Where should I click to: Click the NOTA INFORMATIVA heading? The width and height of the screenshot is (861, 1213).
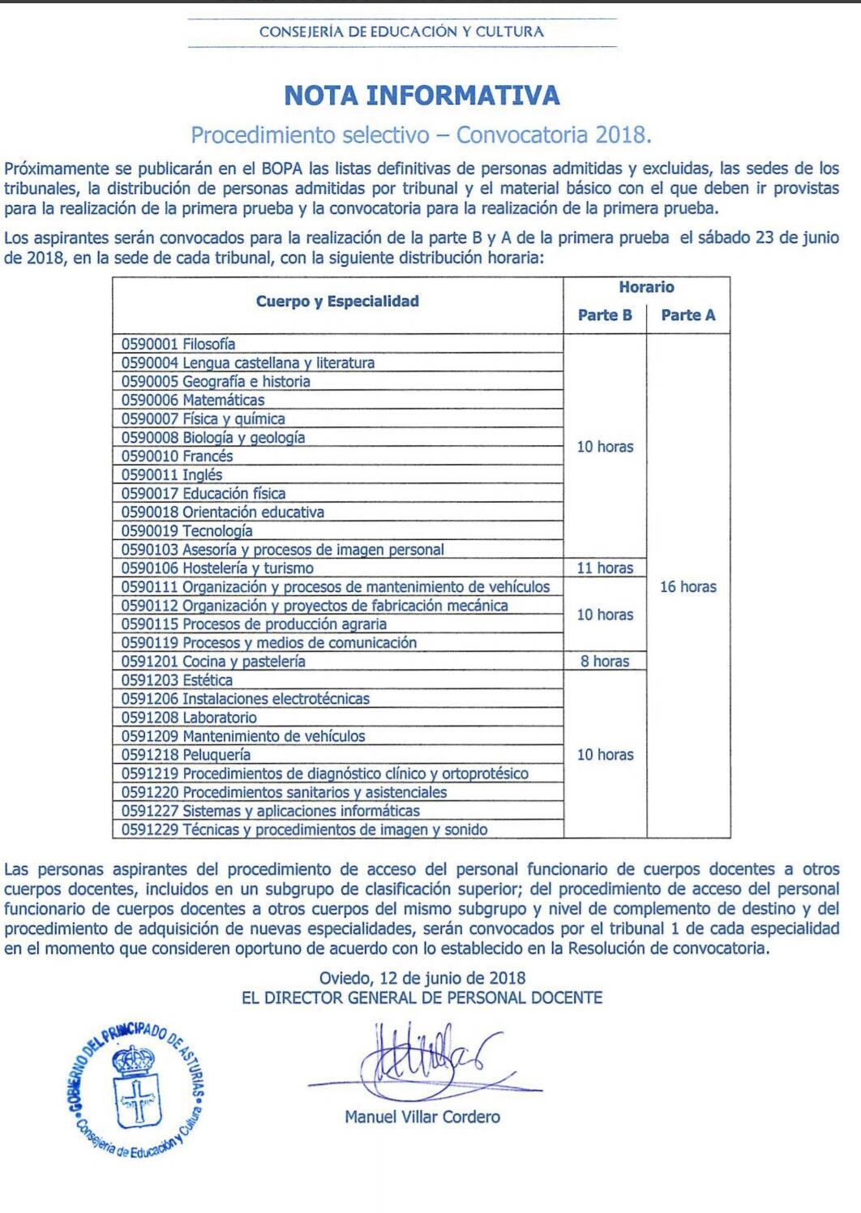422,96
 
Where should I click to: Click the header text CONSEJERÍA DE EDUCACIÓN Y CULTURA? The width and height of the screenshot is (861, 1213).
401,32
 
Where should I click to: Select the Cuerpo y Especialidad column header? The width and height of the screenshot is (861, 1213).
337,302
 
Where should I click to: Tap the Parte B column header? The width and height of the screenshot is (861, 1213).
605,315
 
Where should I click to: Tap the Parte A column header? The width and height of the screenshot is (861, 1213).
688,315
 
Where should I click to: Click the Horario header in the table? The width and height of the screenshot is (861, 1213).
646,287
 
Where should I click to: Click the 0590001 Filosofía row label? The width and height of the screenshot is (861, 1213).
178,344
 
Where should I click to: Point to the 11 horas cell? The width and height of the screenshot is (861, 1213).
605,568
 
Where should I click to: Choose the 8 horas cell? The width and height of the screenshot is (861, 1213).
605,661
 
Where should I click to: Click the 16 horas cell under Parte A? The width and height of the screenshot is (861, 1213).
688,586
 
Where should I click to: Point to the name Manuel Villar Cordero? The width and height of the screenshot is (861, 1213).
422,1117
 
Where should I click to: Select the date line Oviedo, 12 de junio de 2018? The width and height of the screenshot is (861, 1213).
422,978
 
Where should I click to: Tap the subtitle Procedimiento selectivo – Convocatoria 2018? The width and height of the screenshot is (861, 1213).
422,135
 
